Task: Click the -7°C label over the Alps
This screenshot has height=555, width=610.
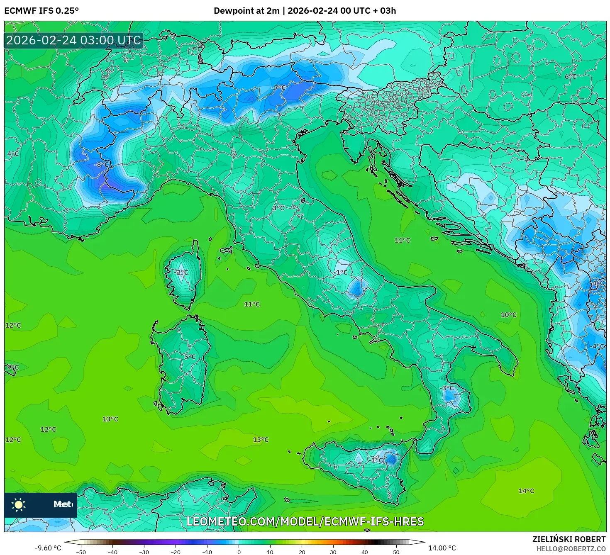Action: tap(279, 88)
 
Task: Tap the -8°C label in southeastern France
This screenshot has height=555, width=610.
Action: tap(101, 165)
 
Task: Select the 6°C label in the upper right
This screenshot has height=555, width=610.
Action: tap(570, 77)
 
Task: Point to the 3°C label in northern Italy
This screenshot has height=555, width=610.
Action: tap(278, 208)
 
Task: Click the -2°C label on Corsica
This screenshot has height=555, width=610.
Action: tap(182, 273)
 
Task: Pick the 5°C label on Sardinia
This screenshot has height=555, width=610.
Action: tap(190, 357)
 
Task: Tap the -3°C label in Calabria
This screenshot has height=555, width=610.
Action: tap(447, 388)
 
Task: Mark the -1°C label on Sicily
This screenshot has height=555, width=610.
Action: tap(377, 460)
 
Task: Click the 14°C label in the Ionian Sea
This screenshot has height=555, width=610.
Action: tap(526, 491)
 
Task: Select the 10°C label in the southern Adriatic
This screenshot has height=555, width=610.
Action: tap(508, 315)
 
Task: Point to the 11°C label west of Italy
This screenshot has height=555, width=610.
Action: tap(252, 304)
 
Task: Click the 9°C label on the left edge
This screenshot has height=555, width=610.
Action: tap(13, 368)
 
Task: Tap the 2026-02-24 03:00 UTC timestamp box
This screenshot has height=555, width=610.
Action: tap(74, 41)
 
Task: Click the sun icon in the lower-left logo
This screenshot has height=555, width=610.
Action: tap(19, 505)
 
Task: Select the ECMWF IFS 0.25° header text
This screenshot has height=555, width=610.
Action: tap(41, 11)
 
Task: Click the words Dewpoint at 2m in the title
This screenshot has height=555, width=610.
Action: tap(246, 11)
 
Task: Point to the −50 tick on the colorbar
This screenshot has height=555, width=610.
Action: tap(81, 552)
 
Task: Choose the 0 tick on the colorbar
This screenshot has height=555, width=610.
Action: tap(239, 552)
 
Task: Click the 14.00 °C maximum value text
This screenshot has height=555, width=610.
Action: tap(442, 548)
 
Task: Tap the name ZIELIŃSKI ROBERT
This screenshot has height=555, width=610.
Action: tap(569, 539)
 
